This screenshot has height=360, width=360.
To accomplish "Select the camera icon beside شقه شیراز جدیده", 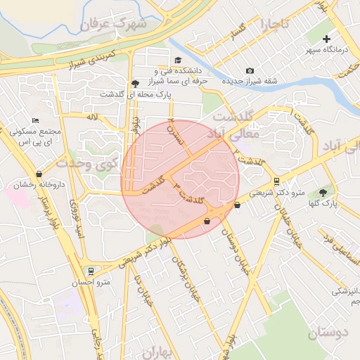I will click(x=250, y=70).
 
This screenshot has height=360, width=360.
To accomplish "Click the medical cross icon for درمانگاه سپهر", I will click(x=326, y=39).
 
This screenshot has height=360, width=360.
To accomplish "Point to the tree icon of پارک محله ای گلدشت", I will click(x=135, y=83).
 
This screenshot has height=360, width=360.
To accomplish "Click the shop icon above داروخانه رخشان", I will click(x=38, y=174).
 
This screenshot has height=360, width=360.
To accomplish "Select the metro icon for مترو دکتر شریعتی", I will click(x=276, y=181).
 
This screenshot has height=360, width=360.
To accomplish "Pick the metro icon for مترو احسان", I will click(x=90, y=271).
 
